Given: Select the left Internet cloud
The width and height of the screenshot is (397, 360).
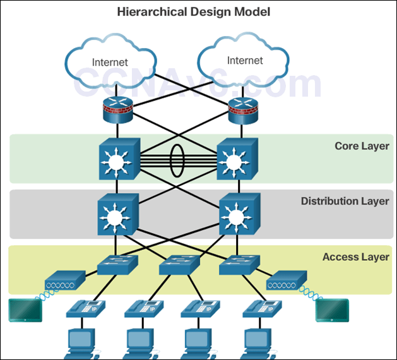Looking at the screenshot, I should (109, 61).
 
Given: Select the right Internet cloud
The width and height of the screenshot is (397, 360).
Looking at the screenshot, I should (244, 60).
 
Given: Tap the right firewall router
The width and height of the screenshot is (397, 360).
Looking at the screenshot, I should (243, 111).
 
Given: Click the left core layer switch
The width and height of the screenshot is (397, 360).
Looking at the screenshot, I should (117, 160).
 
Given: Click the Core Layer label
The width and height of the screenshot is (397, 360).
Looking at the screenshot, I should (362, 147).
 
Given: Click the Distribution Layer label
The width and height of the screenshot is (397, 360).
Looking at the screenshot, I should (345, 201).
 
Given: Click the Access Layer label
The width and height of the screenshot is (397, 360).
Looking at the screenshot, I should (355, 257).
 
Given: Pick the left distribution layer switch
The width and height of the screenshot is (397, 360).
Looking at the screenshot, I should (117, 216).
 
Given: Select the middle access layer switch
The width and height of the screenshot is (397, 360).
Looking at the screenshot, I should (178, 265).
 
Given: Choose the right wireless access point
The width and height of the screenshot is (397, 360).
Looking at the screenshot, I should (287, 280).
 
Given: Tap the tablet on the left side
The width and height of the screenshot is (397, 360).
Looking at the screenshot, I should (24, 309).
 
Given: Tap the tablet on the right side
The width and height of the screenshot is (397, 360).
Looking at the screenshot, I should (332, 310).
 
